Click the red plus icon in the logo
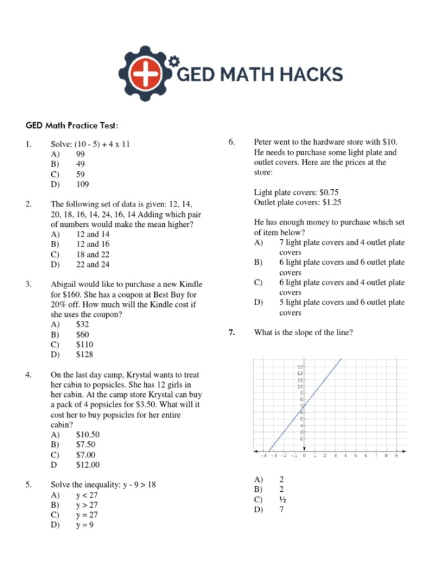[146, 74]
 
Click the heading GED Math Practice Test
[71, 125]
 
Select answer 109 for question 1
[82, 184]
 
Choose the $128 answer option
[85, 355]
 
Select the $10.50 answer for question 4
[88, 434]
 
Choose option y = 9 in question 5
[85, 525]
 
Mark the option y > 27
[86, 505]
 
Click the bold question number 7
[231, 333]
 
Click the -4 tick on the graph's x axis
[264, 456]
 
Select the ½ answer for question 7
[281, 500]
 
